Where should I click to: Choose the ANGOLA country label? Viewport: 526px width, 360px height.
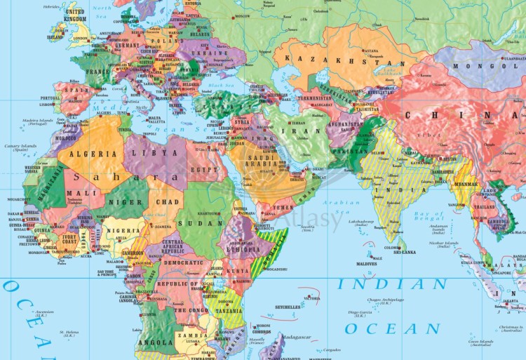click(x=156, y=342)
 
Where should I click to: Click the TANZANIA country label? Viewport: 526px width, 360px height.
click(x=228, y=311)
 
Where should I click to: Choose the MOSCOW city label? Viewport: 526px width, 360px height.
click(x=243, y=15)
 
